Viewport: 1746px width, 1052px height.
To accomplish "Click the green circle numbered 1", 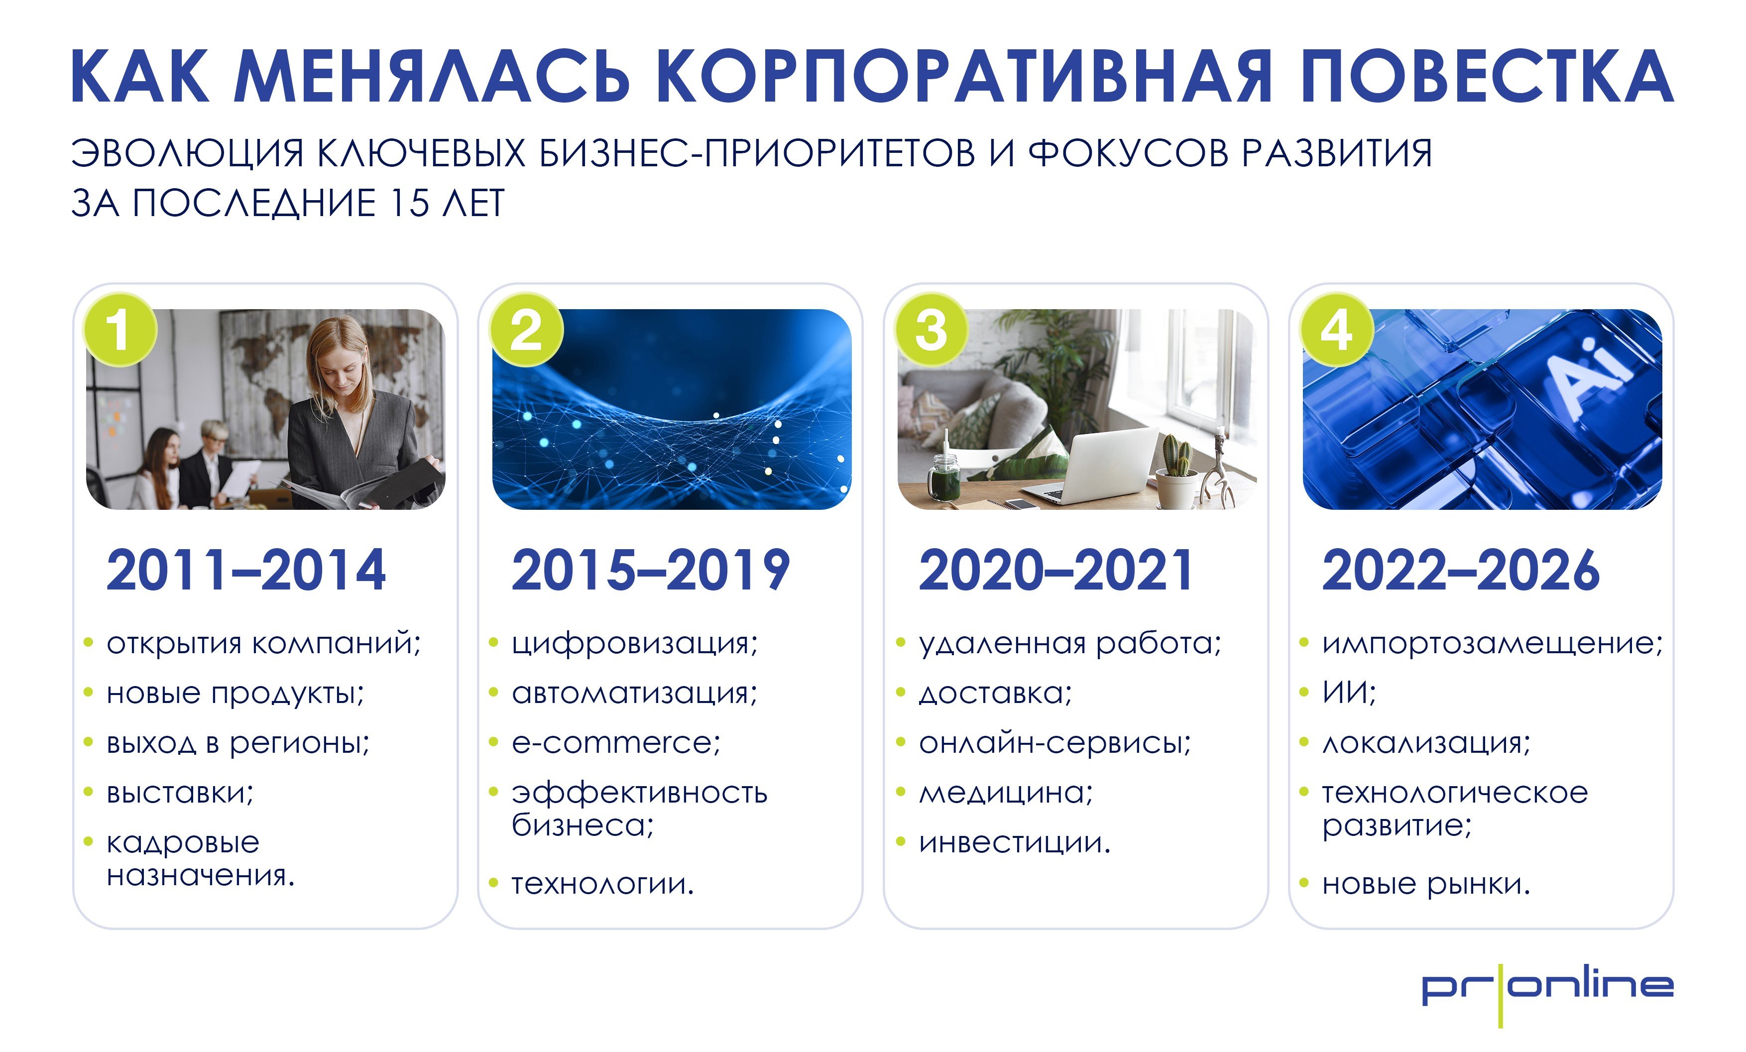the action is click(x=120, y=330).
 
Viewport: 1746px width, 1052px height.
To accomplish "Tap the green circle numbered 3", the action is click(x=931, y=330).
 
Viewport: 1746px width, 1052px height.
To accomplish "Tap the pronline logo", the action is click(x=1547, y=988).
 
